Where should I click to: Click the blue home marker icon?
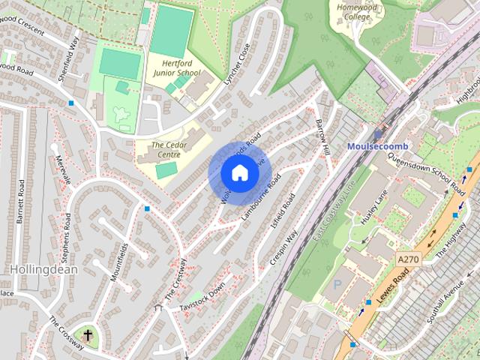[239, 173]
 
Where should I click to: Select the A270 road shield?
[408, 259]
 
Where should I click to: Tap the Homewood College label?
[353, 11]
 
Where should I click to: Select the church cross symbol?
[88, 335]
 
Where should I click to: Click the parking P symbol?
[337, 284]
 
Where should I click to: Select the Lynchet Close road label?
[237, 67]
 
